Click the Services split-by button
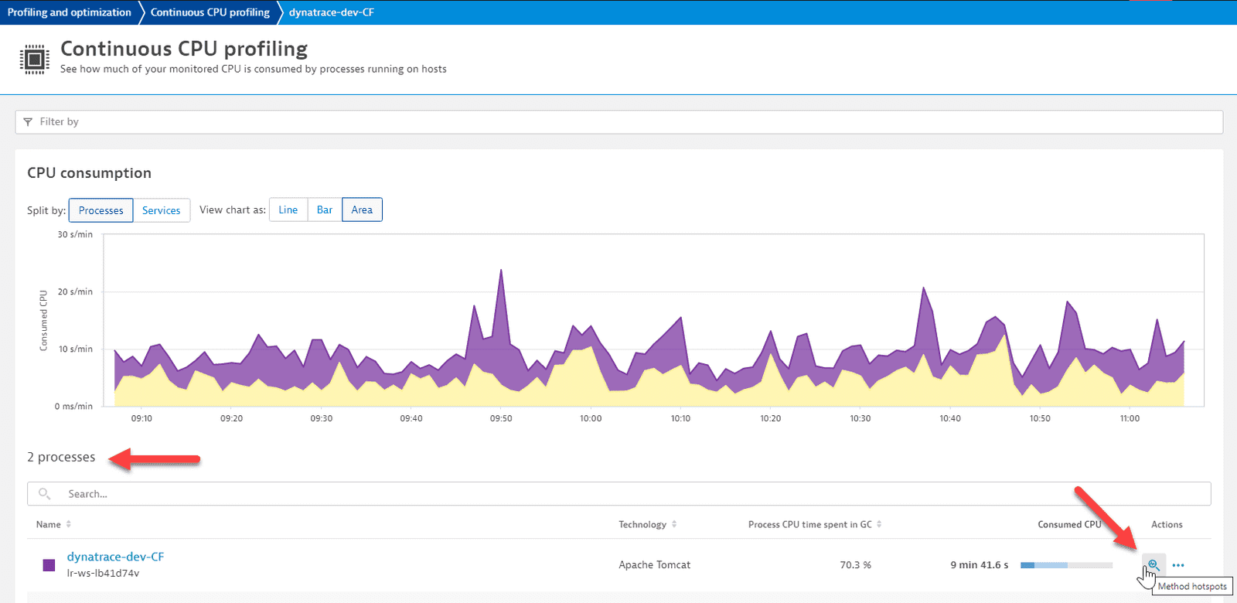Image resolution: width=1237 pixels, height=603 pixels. (161, 210)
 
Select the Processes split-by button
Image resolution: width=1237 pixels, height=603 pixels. (101, 210)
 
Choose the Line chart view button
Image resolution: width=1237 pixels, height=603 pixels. (288, 210)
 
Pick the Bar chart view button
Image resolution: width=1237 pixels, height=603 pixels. (325, 210)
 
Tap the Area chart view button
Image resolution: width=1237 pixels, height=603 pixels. (362, 210)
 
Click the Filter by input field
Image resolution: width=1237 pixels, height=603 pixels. (618, 121)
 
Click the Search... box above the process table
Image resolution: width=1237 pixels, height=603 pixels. (618, 494)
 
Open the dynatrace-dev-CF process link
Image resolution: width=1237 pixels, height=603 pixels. (115, 557)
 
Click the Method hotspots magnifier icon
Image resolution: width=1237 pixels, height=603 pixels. (1153, 564)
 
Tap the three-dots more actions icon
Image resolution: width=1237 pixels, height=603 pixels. (1178, 565)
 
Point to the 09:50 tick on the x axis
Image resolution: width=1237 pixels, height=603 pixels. (501, 418)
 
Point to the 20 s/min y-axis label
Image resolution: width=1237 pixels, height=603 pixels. (75, 291)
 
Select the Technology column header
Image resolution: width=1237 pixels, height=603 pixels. (642, 524)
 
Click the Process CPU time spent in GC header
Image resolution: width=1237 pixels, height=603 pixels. (809, 524)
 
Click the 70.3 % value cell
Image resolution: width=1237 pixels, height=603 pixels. (855, 565)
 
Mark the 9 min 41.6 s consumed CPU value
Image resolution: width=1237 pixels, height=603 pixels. (979, 565)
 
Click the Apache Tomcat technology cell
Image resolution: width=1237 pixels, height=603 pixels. (654, 565)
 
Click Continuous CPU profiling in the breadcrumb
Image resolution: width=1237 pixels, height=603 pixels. (210, 12)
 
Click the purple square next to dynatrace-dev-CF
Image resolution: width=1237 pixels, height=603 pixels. (49, 565)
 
